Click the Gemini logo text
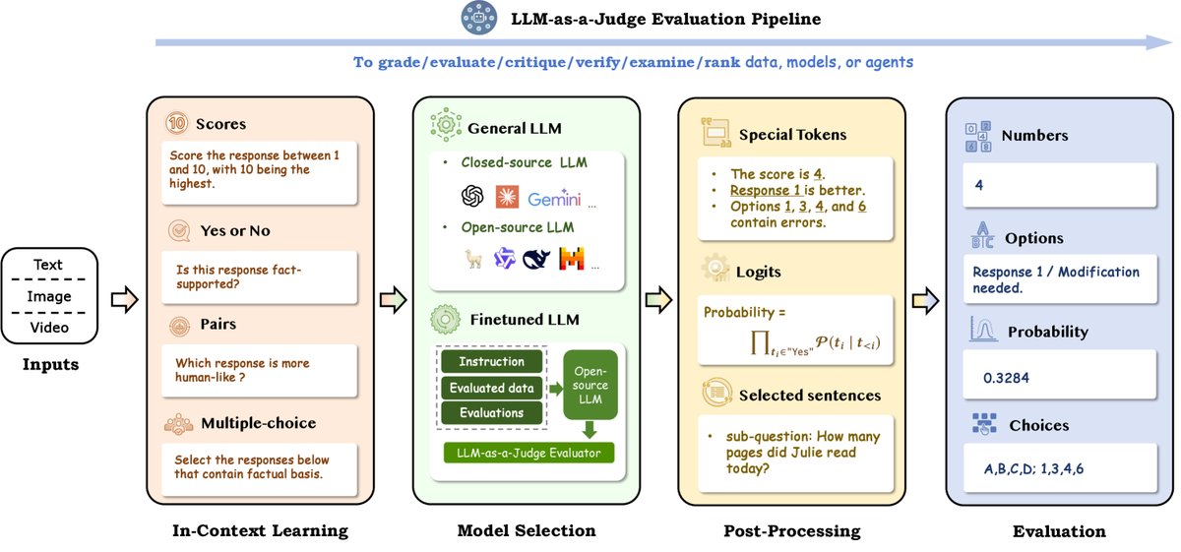point(554,199)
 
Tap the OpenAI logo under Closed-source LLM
point(472,198)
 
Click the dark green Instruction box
point(491,362)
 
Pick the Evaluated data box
point(491,388)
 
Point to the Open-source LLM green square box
point(590,384)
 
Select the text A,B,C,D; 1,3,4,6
point(1033,469)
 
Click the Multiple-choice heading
point(259,423)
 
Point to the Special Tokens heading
point(792,135)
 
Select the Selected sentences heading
point(809,396)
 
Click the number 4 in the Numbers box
point(978,184)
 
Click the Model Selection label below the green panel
point(527,531)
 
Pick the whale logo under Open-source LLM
point(537,259)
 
